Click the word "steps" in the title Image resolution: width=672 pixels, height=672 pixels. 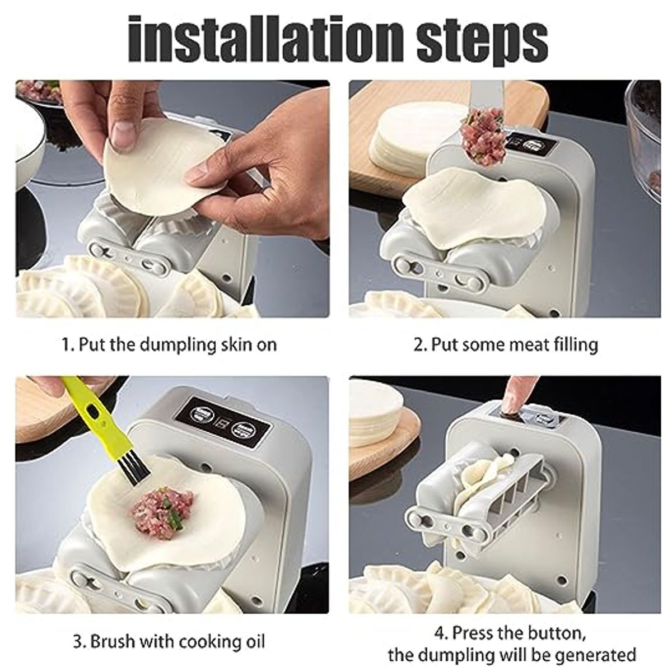pos(476,38)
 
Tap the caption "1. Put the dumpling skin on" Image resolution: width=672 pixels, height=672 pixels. pos(169,343)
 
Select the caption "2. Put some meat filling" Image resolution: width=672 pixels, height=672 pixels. pos(506,343)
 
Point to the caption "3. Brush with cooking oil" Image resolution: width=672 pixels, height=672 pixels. pos(169,640)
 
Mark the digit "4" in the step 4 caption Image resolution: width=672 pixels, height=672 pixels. pos(440,633)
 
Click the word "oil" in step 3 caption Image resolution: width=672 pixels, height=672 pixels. pos(253,640)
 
